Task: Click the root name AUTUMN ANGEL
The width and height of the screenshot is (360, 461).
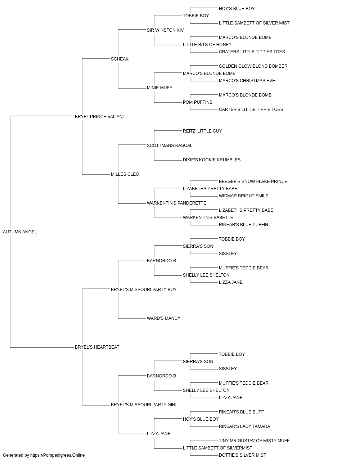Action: [20, 232]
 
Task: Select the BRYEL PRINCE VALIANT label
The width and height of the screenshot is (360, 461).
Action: [100, 116]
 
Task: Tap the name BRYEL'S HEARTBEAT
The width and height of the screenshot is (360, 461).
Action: [97, 347]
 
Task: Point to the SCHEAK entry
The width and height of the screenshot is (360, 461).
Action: [120, 59]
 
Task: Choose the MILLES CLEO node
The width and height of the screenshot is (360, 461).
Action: [125, 174]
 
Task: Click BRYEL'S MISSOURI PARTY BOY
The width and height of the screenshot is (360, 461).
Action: [144, 289]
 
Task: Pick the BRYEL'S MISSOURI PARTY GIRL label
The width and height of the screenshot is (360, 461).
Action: [144, 404]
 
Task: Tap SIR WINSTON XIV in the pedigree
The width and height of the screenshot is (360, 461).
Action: [165, 30]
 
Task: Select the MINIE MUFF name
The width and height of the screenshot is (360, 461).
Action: [159, 88]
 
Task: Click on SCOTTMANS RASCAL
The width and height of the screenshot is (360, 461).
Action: [170, 145]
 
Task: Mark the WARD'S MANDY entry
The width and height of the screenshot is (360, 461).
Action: [163, 318]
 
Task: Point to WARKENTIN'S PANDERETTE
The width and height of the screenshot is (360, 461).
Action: [176, 203]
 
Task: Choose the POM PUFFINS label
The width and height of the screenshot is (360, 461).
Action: [197, 102]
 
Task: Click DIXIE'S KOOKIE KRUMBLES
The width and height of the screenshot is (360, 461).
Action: [212, 160]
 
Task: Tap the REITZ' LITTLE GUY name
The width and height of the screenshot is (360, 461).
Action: [202, 131]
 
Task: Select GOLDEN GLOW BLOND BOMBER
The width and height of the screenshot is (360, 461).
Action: [253, 66]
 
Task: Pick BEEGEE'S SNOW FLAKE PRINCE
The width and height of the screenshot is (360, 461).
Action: [253, 182]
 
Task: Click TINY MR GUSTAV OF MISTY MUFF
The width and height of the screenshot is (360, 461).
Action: [254, 440]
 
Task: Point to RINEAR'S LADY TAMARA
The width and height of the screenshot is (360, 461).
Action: [244, 426]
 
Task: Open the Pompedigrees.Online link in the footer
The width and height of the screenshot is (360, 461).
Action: [58, 455]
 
